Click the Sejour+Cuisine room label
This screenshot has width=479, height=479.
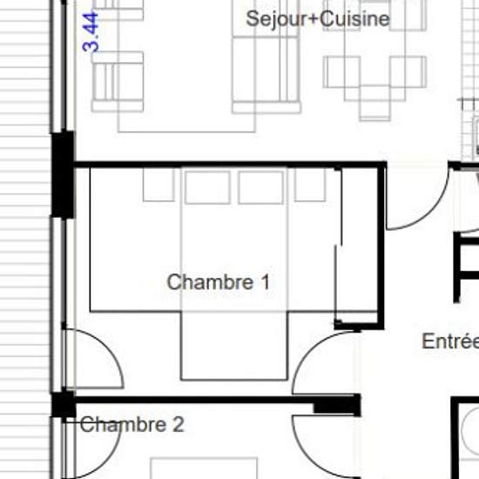(318, 19)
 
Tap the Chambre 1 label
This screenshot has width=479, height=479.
(219, 281)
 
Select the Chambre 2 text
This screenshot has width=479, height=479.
(132, 424)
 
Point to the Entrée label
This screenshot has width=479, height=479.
(450, 341)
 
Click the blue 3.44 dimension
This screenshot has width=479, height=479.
(91, 32)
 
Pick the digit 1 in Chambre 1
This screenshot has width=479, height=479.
(266, 281)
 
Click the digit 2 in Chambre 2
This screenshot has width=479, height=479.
(179, 424)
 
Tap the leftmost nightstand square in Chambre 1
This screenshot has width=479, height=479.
(159, 185)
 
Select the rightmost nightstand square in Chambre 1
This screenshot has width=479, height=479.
(310, 185)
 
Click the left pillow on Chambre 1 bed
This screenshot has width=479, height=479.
(207, 187)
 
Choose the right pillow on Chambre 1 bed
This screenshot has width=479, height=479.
(261, 187)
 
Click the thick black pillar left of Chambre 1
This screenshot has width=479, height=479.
(63, 175)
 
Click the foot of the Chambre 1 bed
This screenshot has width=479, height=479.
(234, 346)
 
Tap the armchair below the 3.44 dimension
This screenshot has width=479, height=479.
(118, 82)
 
